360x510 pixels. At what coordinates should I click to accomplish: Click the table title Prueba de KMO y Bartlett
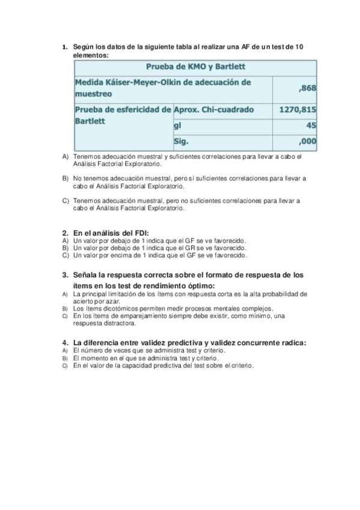pyautogui.click(x=195, y=66)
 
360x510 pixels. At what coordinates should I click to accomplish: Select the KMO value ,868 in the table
pyautogui.click(x=307, y=88)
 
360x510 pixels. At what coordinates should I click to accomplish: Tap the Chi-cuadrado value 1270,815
pyautogui.click(x=298, y=110)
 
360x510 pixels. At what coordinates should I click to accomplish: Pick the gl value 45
pyautogui.click(x=311, y=126)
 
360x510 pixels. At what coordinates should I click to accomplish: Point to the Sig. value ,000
pyautogui.click(x=307, y=142)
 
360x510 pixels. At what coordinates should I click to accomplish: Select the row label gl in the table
pyautogui.click(x=178, y=126)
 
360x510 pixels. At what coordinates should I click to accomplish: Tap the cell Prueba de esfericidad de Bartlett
pyautogui.click(x=122, y=115)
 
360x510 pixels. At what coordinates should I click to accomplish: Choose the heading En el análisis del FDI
pyautogui.click(x=111, y=233)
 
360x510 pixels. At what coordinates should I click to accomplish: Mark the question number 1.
pyautogui.click(x=64, y=47)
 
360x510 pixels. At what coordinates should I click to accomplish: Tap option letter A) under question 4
pyautogui.click(x=65, y=350)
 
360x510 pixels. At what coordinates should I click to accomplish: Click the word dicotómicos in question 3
pyautogui.click(x=112, y=308)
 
